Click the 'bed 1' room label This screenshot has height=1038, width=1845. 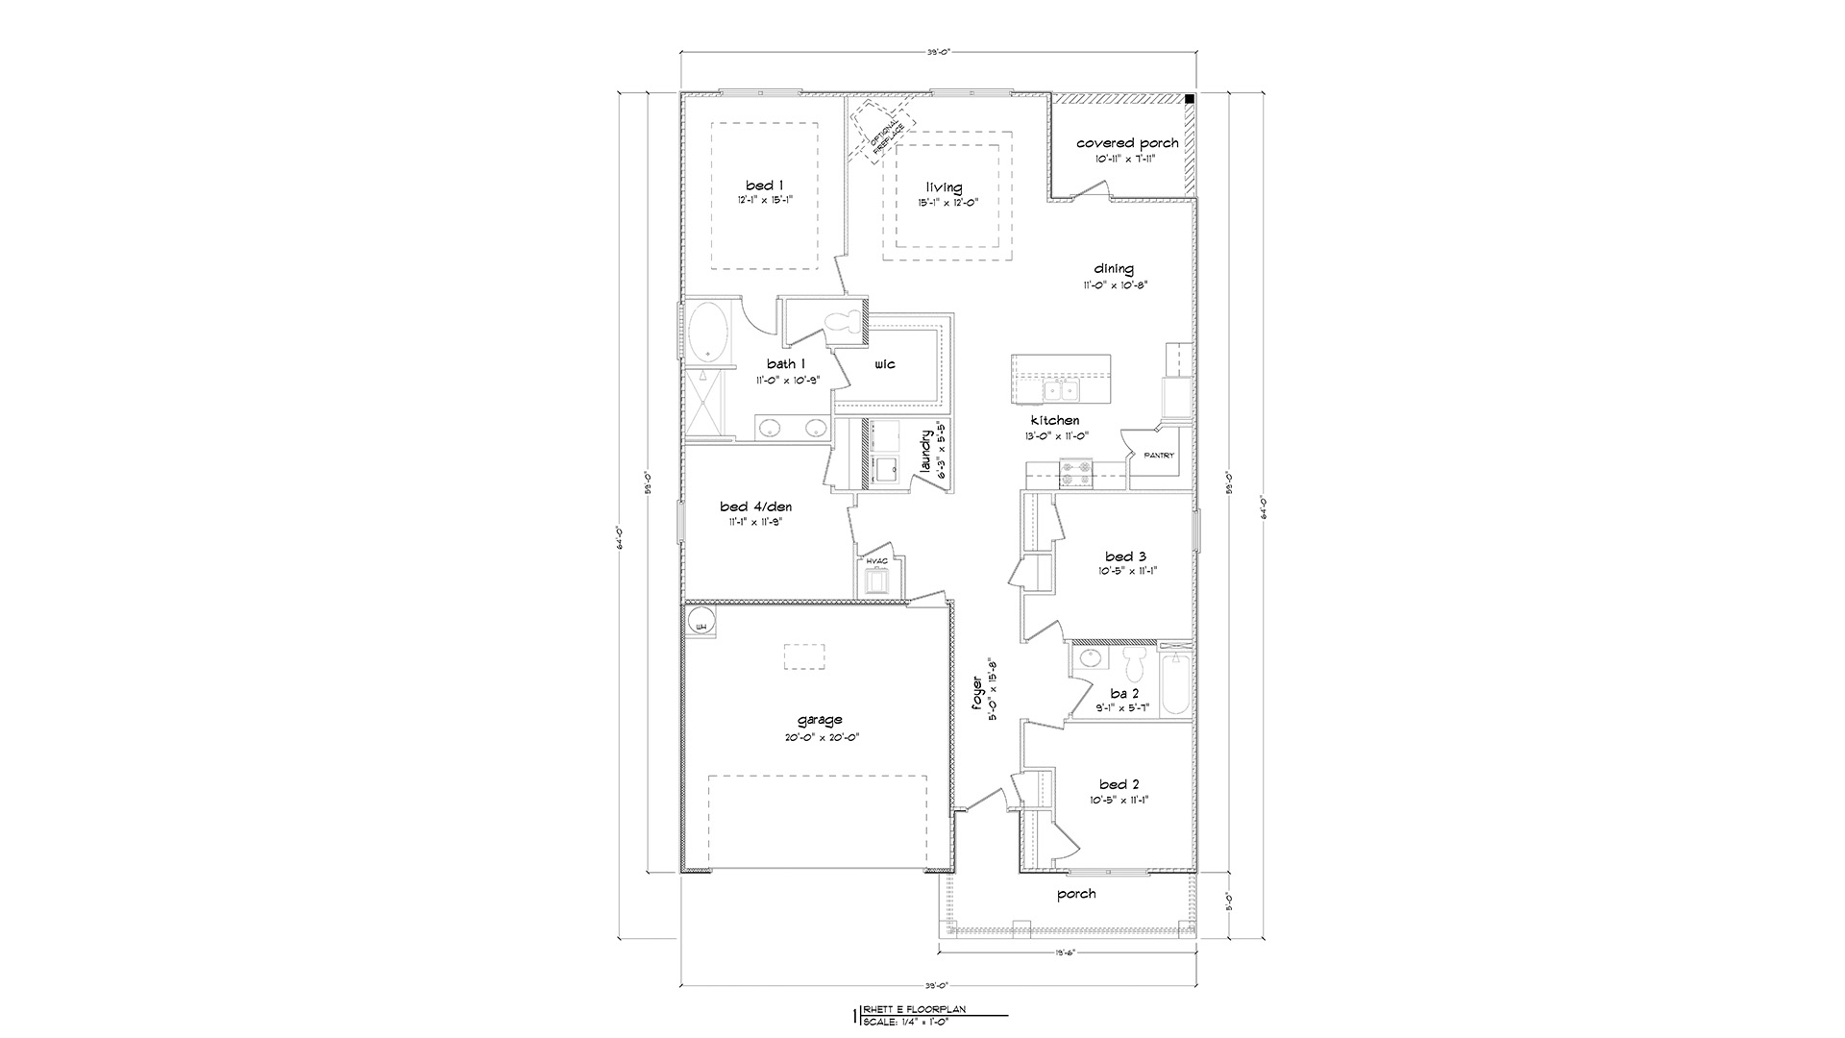click(x=765, y=185)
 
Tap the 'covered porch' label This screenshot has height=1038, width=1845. click(x=1127, y=143)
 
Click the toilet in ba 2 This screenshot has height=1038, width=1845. click(x=1134, y=662)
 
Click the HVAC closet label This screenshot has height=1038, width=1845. click(x=876, y=561)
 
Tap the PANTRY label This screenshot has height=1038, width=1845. click(x=1158, y=456)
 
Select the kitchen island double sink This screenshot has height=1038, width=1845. click(x=1061, y=390)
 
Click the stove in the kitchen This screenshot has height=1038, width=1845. click(x=1076, y=474)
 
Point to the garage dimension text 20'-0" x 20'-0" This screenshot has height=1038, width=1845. click(x=820, y=737)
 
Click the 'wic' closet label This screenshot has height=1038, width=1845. click(x=884, y=364)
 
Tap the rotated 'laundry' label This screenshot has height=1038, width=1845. click(x=926, y=452)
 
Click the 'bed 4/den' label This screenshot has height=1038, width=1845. click(x=755, y=507)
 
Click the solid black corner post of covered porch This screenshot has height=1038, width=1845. click(x=1189, y=99)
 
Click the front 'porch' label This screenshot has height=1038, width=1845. click(x=1076, y=894)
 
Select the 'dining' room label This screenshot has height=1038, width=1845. click(x=1113, y=269)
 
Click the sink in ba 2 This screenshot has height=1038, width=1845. click(x=1090, y=659)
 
